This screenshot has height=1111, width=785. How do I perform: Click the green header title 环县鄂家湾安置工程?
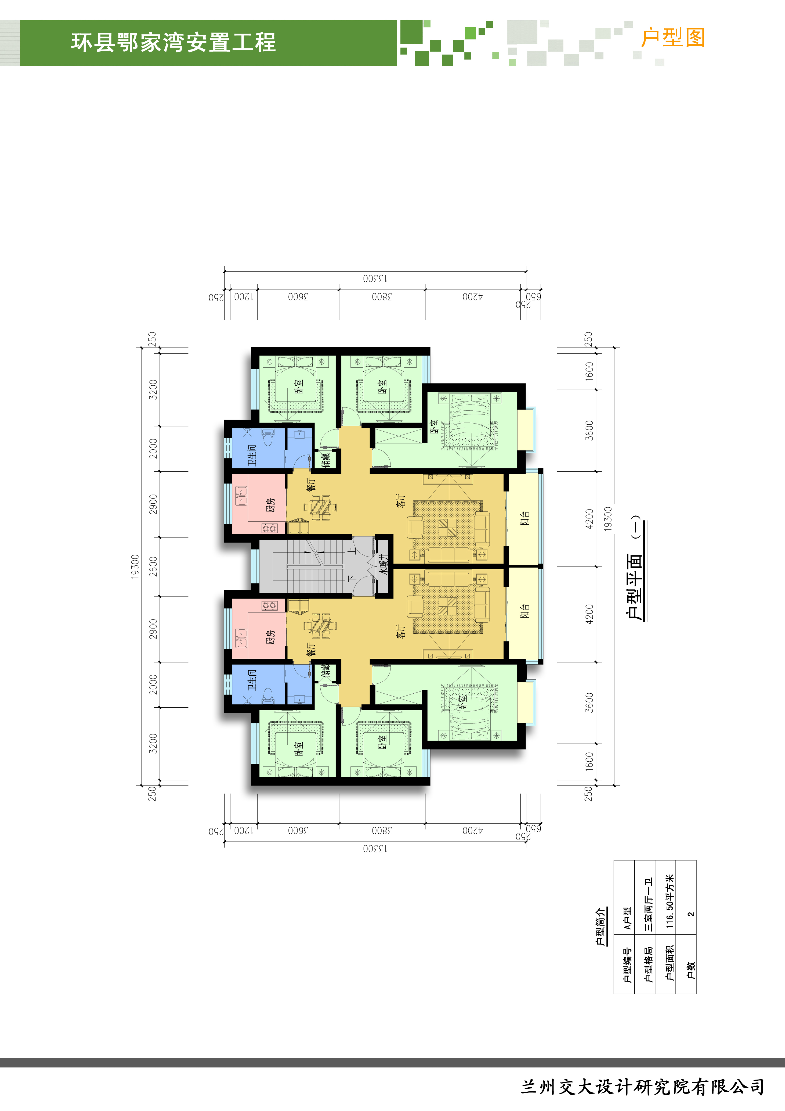[173, 42]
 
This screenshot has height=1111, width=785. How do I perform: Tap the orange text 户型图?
[673, 38]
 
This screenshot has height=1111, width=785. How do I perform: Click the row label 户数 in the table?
[690, 970]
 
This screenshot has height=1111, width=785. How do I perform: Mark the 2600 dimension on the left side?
[153, 566]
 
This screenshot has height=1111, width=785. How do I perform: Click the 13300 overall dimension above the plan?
[375, 279]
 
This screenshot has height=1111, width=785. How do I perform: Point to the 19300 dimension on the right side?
[608, 518]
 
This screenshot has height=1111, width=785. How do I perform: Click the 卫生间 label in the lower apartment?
[252, 680]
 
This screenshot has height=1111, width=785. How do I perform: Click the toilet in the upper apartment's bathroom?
[267, 438]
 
